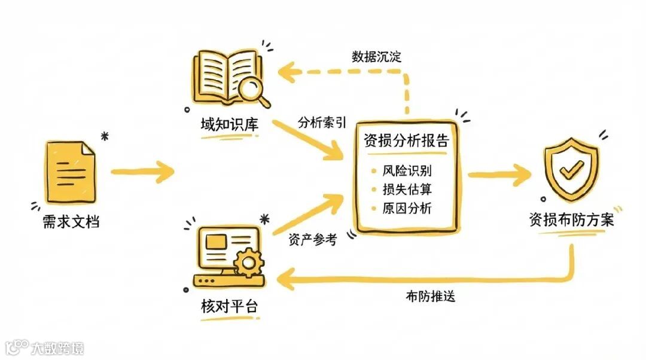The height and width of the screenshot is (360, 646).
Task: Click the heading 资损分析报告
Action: [x=406, y=142]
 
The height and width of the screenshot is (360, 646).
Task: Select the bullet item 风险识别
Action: [x=407, y=170]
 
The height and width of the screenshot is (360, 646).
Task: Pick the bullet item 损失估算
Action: [x=407, y=190]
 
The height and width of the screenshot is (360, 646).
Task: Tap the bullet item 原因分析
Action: [x=407, y=209]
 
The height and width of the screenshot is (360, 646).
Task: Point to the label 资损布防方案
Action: [x=571, y=219]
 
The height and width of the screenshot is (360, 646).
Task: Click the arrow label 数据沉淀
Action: [x=376, y=58]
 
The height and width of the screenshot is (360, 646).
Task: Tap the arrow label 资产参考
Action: [x=312, y=240]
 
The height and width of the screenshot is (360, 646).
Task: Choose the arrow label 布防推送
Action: [x=430, y=295]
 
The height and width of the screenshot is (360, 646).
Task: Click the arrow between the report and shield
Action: [x=499, y=175]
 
